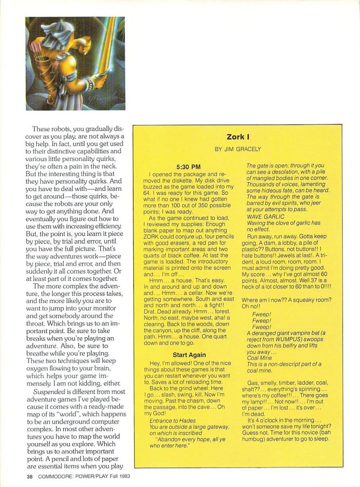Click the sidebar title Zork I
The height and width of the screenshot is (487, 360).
point(238,137)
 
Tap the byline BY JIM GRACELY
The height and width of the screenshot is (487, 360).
point(238,149)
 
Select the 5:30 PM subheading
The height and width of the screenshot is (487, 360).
point(188,167)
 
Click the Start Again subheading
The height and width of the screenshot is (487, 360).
point(189,355)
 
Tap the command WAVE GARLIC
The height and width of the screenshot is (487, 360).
point(265,217)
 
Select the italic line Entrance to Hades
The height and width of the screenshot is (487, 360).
point(172,420)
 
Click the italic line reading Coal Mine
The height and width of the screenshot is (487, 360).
point(259,358)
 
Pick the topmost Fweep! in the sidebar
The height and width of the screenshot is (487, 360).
point(261,314)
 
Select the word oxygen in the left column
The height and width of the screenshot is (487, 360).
point(39,368)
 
